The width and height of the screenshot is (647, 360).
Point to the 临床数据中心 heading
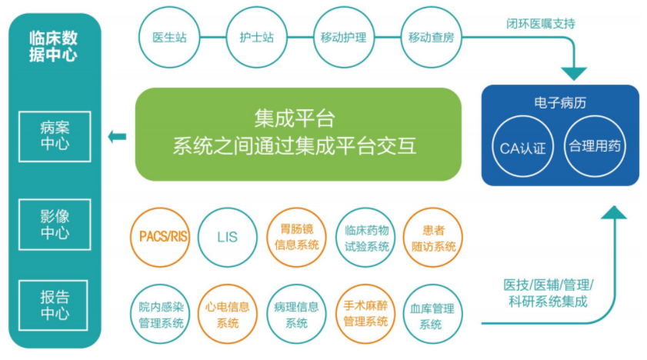(53, 46)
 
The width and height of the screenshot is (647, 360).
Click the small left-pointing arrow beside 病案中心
(117, 136)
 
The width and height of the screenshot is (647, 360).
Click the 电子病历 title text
(560, 102)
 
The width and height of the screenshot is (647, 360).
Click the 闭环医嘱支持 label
(541, 24)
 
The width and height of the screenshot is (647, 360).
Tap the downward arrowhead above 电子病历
(574, 74)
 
